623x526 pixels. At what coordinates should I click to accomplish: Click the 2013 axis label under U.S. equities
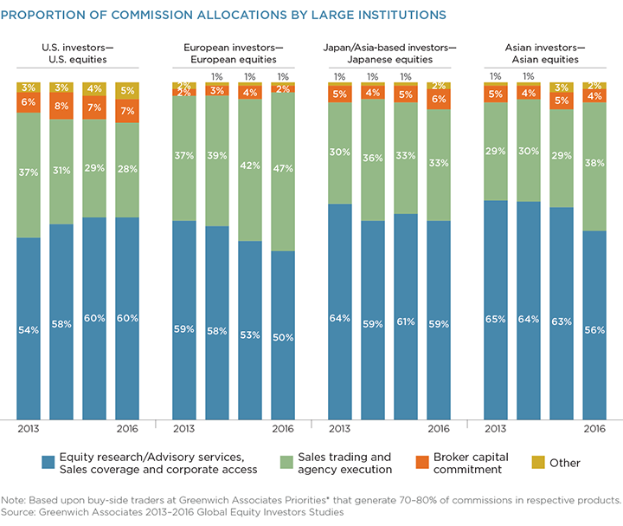(x=29, y=430)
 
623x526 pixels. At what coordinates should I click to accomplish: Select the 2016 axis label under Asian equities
(x=594, y=430)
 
